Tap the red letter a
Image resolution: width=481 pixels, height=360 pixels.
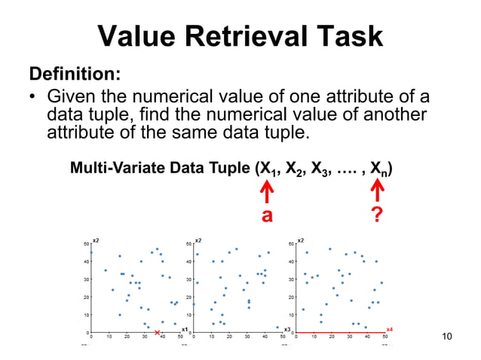pyautogui.click(x=266, y=217)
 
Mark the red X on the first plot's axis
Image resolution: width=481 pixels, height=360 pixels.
pyautogui.click(x=157, y=333)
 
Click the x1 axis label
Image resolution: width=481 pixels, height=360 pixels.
pyautogui.click(x=184, y=329)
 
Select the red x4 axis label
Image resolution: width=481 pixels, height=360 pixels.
pyautogui.click(x=389, y=329)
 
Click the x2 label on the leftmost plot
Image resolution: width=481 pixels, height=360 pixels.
pyautogui.click(x=96, y=239)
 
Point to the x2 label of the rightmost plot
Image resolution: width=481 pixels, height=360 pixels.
pyautogui.click(x=302, y=239)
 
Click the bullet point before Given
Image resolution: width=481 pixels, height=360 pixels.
pyautogui.click(x=33, y=98)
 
